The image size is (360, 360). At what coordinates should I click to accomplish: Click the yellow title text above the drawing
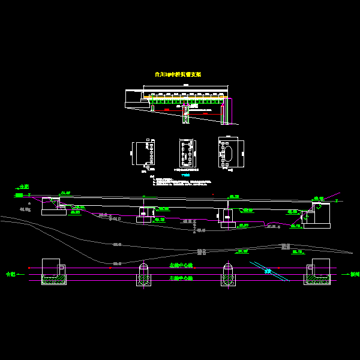coord(178,74)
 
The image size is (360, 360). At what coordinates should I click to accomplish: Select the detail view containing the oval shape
coord(231,152)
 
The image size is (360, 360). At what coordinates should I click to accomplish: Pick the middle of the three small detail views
coord(187,154)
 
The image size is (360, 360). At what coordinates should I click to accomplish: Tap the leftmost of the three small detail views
coord(143,153)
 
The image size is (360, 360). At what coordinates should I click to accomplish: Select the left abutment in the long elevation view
coord(53,206)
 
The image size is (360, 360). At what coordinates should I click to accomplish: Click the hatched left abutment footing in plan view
coord(53,279)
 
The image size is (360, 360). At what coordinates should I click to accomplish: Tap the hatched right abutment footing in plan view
coord(317,279)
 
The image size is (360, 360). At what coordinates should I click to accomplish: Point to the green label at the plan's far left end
coord(11,274)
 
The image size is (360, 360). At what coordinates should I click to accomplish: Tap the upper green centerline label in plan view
coord(181,265)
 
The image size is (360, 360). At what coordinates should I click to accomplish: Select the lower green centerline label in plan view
coord(181,279)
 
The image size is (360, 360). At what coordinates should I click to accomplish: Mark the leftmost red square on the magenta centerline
coord(29,268)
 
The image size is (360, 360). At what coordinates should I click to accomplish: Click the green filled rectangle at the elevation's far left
coord(19,195)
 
